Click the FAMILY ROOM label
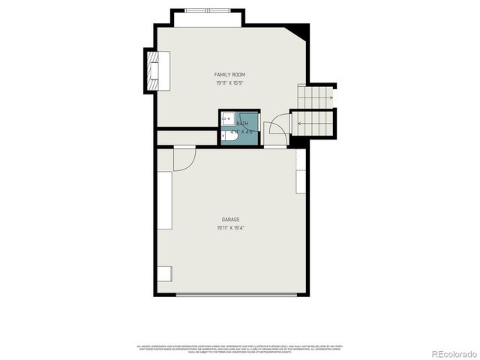coord(230,75)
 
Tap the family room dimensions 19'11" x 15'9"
coord(230,83)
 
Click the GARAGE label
coord(230,220)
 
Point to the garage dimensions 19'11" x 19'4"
coord(230,227)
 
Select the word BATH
coord(243,124)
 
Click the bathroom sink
coord(227,119)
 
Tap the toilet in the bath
coord(229,136)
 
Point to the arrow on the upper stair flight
coord(328,97)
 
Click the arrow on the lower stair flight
coord(295,121)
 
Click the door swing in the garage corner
coord(184,158)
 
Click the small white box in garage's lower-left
coord(164,274)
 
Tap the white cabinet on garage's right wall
coord(301,182)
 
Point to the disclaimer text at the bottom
coord(239,349)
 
